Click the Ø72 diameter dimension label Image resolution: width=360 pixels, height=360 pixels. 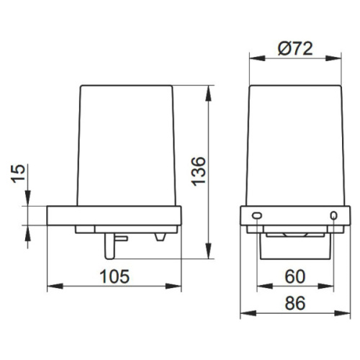[295, 48]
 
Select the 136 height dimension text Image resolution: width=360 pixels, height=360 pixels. [199, 171]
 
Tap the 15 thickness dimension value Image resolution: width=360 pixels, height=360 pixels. [19, 174]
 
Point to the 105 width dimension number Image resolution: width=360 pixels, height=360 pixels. [114, 276]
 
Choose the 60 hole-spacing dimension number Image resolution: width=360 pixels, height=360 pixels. [295, 276]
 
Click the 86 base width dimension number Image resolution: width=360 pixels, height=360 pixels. [295, 303]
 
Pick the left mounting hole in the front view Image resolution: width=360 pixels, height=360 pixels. [257, 215]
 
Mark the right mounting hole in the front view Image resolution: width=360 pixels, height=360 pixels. [333, 215]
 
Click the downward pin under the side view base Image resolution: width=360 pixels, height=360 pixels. [109, 246]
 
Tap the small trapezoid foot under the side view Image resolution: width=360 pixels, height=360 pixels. [160, 237]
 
